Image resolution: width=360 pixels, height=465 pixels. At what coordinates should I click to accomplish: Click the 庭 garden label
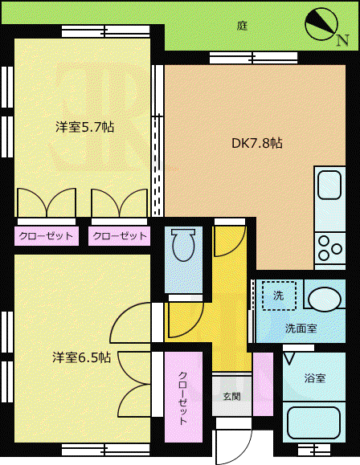[242, 27]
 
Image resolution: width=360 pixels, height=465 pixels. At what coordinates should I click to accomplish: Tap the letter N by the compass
[342, 40]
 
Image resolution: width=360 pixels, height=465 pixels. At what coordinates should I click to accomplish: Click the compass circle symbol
[321, 24]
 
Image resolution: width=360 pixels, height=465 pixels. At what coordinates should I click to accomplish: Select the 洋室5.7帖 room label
[84, 127]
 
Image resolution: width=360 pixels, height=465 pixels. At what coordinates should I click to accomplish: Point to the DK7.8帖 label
[256, 143]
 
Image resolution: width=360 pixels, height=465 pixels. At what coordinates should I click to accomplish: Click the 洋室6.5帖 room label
[82, 357]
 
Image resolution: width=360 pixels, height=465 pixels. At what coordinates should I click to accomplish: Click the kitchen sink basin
[329, 185]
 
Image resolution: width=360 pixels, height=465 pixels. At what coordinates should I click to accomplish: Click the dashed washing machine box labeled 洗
[279, 296]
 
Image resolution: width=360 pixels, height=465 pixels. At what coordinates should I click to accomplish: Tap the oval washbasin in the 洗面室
[325, 299]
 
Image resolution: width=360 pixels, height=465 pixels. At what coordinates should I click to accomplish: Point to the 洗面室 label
[301, 328]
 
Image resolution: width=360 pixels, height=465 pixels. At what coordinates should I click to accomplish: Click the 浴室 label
[315, 378]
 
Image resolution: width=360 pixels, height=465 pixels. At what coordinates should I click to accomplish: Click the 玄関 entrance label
[231, 396]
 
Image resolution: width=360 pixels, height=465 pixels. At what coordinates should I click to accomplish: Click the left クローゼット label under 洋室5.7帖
[46, 236]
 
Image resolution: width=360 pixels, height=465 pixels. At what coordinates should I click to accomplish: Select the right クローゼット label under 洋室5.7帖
[120, 236]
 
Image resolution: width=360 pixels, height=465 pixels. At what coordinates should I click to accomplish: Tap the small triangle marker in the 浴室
[289, 358]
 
